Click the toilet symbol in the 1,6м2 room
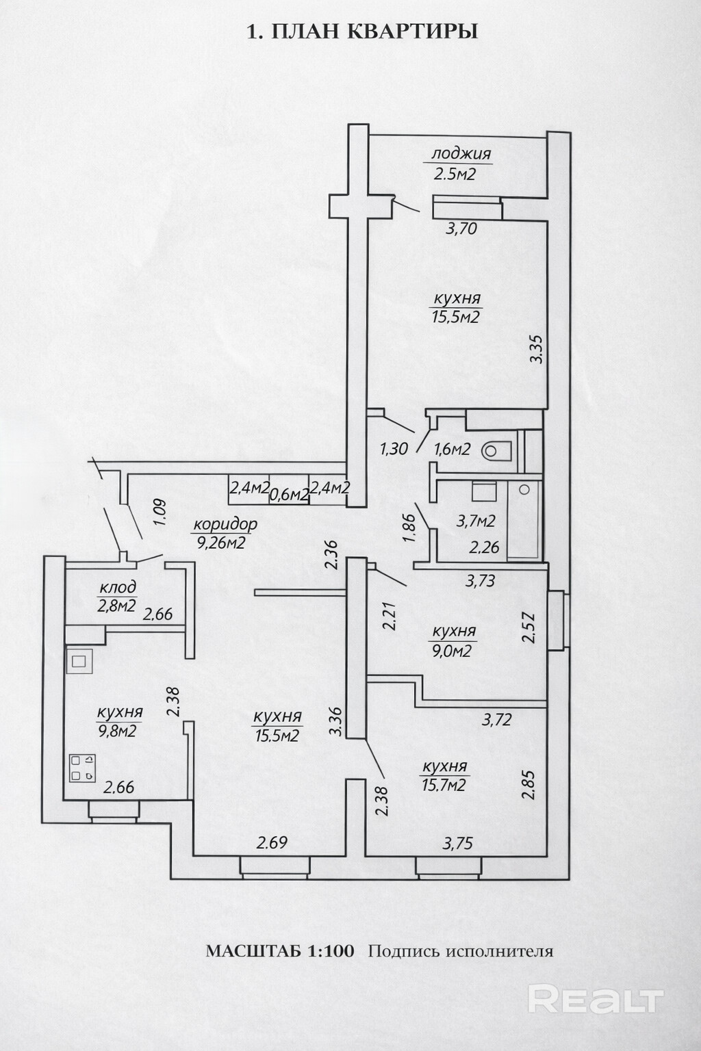pos(497,451)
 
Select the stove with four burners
pos(82,768)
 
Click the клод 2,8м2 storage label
pos(118,596)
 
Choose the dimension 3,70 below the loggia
pos(461,229)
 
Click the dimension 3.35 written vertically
pos(537,348)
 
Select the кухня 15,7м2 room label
pos(444,776)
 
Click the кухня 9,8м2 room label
pos(119,722)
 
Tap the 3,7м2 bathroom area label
pos(476,521)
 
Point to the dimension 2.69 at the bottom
pos(272,843)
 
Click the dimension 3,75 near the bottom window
pos(457,844)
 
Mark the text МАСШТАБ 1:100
pos(280,951)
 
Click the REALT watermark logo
pos(596,1000)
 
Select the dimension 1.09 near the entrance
pos(160,512)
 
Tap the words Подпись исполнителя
pos(460,951)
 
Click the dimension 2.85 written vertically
pos(528,785)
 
